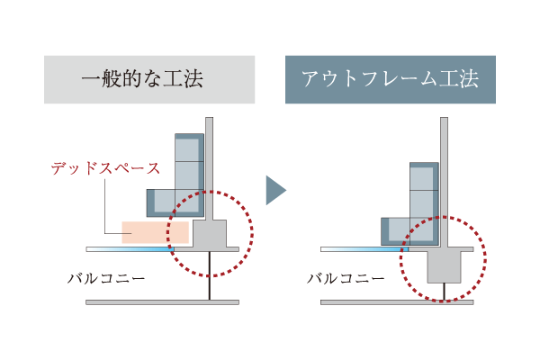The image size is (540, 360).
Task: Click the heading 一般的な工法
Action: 142,79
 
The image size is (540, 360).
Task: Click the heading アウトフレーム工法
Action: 391,79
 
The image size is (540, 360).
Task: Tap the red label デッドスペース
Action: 105,168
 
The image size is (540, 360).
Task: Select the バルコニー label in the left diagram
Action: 106,278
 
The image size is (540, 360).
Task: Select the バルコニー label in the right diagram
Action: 346,278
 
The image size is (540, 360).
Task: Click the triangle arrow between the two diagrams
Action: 276,190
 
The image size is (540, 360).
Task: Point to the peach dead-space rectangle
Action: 156,232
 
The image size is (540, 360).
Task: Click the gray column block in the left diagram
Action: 210,234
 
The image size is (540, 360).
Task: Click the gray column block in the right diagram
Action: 444,267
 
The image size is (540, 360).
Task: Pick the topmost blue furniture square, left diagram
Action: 189,148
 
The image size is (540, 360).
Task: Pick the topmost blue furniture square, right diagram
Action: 424,176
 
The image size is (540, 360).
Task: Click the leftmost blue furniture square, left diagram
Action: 161,202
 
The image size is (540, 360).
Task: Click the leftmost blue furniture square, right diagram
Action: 395,231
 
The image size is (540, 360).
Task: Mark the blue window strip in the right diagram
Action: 364,249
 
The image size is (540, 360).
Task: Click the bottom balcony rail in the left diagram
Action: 162,302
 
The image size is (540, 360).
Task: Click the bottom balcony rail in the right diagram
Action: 397,302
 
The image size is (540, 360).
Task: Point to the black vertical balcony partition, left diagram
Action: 209,275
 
